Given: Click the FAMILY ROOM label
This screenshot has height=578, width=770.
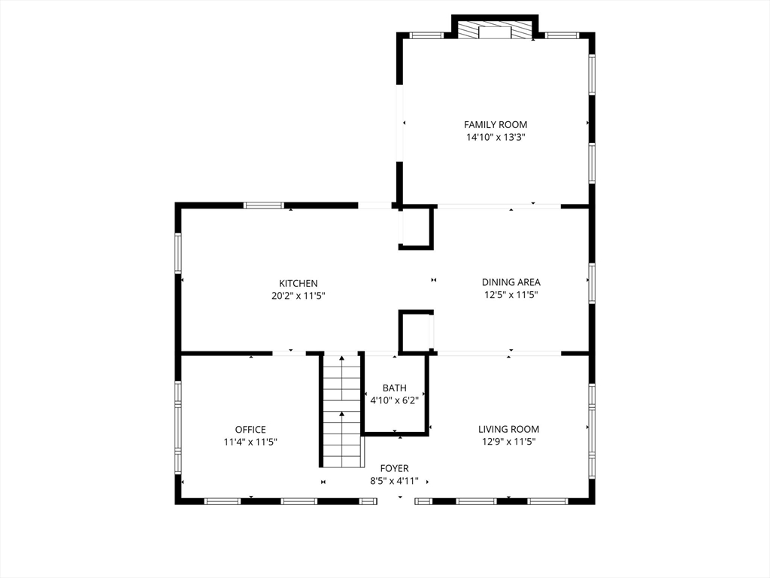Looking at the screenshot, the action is pos(496,125).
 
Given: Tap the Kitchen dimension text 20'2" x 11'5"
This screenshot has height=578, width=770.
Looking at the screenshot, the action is pos(299,296).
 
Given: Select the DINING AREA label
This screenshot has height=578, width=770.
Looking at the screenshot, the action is pos(511,282).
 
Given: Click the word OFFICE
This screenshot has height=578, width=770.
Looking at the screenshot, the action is pos(250,430).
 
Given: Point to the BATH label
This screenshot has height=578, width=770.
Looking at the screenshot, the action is pos(394,388).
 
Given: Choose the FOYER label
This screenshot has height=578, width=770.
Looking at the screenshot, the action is pos(394,468).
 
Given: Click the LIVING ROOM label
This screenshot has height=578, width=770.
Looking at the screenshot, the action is pos(509,429).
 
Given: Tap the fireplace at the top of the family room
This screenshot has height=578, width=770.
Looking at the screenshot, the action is pos(495,29).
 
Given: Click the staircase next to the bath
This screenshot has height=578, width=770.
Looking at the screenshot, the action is pos(343,410).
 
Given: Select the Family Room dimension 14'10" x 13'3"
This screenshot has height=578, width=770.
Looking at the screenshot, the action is pos(496,138).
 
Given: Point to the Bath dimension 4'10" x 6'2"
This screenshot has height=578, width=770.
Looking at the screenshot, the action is pos(394,400).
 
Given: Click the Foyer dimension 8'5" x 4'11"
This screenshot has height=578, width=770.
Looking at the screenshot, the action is pos(394,481).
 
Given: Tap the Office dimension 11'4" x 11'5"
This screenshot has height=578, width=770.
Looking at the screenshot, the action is pos(250,442).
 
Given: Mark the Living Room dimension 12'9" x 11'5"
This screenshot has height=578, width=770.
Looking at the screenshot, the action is pos(509,441).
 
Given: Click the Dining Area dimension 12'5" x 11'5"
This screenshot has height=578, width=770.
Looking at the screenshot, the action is pos(511,295).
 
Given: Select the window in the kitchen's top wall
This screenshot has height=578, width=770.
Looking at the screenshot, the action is pos(264,205).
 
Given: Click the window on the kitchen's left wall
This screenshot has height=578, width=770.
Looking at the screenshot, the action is pos(178,253).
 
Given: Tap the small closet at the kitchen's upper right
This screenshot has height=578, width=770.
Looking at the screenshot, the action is pos(416,227).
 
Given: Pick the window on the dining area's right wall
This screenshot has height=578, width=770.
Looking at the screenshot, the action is pos(592,284).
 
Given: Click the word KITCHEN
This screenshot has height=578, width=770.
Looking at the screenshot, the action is pos(299,284).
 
